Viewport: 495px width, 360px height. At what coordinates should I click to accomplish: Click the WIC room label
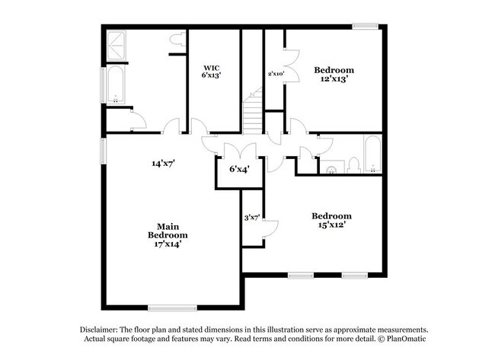[x=211, y=68]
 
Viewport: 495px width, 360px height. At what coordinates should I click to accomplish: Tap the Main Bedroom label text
[x=168, y=231]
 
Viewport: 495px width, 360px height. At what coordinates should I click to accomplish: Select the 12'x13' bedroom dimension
[x=334, y=78]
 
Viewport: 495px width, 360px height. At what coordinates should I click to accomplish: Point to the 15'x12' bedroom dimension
[x=331, y=225]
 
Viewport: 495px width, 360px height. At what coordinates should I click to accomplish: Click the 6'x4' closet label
[x=240, y=170]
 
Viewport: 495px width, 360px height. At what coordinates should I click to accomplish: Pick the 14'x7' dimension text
[x=163, y=164]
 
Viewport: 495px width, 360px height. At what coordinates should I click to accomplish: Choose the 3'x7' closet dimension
[x=252, y=218]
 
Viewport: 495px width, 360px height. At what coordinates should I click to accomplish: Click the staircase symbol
[x=252, y=111]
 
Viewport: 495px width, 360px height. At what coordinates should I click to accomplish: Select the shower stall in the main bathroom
[x=116, y=46]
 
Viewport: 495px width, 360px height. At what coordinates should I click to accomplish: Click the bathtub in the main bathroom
[x=115, y=84]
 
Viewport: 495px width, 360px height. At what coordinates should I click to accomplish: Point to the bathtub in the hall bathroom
[x=373, y=154]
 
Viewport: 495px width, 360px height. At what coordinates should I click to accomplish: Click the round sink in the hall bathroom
[x=331, y=170]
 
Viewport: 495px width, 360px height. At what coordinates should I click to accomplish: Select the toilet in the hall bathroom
[x=354, y=166]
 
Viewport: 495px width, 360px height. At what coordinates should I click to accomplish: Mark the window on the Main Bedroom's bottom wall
[x=172, y=307]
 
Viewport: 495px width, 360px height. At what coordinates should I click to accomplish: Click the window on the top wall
[x=366, y=26]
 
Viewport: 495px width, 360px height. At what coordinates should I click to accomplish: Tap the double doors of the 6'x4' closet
[x=240, y=150]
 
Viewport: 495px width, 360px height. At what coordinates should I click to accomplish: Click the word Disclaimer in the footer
[x=99, y=330]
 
